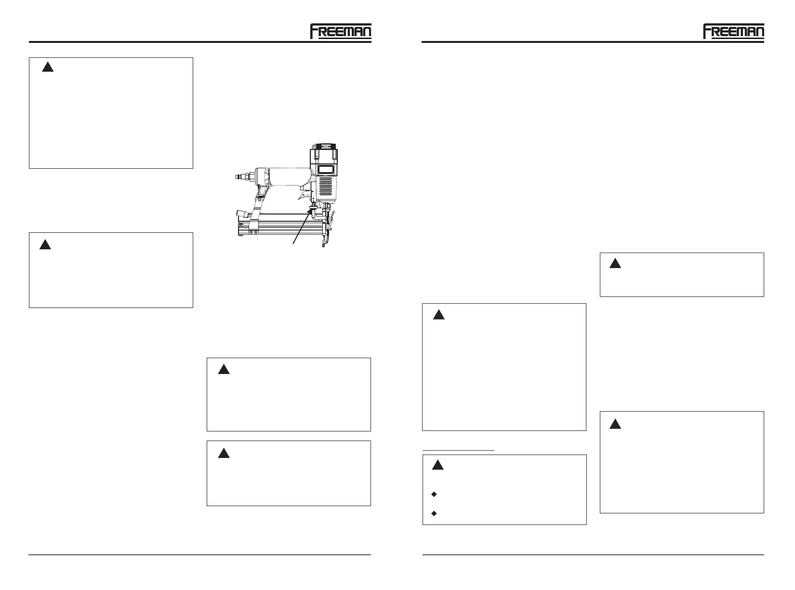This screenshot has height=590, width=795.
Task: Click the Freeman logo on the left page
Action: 340,31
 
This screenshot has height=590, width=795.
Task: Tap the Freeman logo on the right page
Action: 733,31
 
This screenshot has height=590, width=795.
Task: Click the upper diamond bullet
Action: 434,494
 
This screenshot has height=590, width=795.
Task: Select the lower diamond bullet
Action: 434,513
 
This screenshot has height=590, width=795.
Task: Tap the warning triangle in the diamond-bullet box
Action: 437,465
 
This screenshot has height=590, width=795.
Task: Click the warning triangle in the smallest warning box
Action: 614,264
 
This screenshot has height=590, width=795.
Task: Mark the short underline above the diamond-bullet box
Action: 459,450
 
